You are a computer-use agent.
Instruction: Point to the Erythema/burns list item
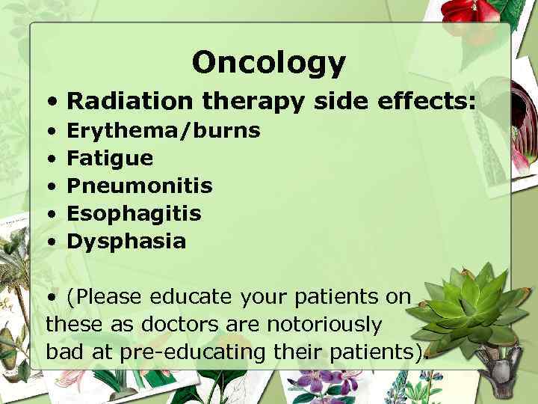pyautogui.click(x=164, y=131)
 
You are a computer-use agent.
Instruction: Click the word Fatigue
pyautogui.click(x=110, y=159)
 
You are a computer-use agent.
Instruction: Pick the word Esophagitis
pyautogui.click(x=134, y=214)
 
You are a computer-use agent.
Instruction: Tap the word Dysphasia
pyautogui.click(x=126, y=242)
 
